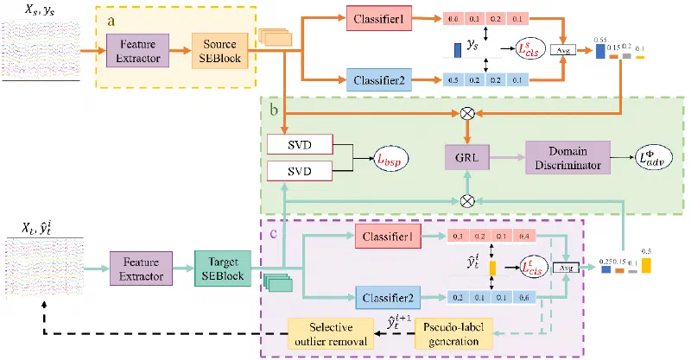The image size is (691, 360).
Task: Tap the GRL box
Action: (x=467, y=160)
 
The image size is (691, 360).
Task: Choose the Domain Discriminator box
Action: (x=567, y=160)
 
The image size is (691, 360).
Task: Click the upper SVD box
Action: (x=300, y=144)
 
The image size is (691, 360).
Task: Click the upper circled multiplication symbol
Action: (x=467, y=112)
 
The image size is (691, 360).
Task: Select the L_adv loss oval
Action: (x=651, y=160)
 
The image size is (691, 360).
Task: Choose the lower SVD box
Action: (x=300, y=171)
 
